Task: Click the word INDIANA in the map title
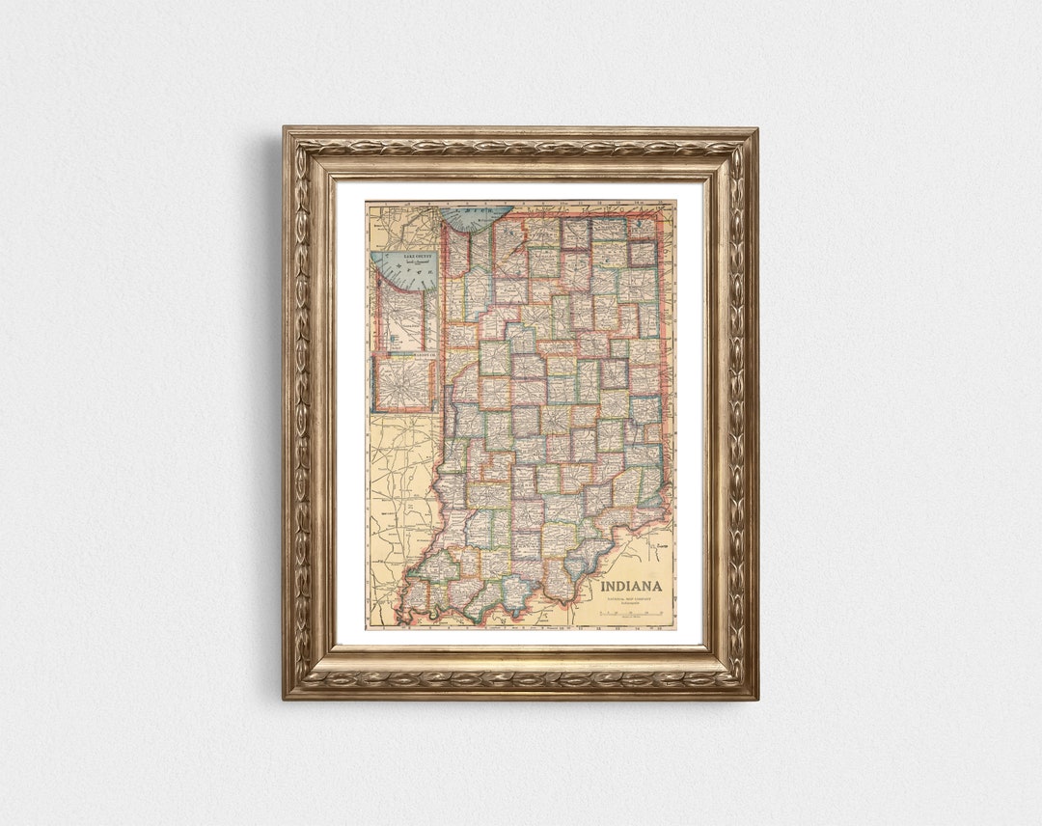click(631, 586)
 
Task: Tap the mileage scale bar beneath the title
click(632, 614)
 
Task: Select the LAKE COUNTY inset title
click(405, 258)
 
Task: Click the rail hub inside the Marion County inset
click(404, 383)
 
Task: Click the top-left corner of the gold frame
click(285, 128)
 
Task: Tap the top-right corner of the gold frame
click(756, 128)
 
